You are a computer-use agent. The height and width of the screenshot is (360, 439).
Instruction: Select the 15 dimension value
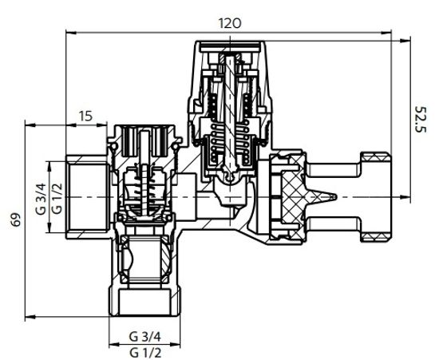(x=85, y=116)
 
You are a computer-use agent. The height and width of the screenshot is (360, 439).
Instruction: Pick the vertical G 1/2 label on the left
(x=55, y=198)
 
